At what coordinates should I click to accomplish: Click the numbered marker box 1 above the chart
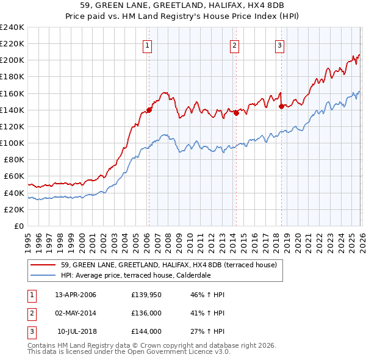[148, 45]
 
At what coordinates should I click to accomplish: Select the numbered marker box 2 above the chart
[235, 45]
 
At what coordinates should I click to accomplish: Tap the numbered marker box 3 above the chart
[280, 45]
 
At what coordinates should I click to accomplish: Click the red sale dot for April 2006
[149, 110]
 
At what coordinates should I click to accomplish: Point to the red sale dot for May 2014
[235, 113]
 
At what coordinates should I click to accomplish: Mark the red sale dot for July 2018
[281, 106]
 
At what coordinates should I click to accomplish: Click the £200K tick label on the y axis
[12, 60]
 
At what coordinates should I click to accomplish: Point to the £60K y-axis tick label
[14, 176]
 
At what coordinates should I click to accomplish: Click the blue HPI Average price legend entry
[144, 275]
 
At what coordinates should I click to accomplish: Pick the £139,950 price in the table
[146, 295]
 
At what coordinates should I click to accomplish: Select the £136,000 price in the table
[146, 313]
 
